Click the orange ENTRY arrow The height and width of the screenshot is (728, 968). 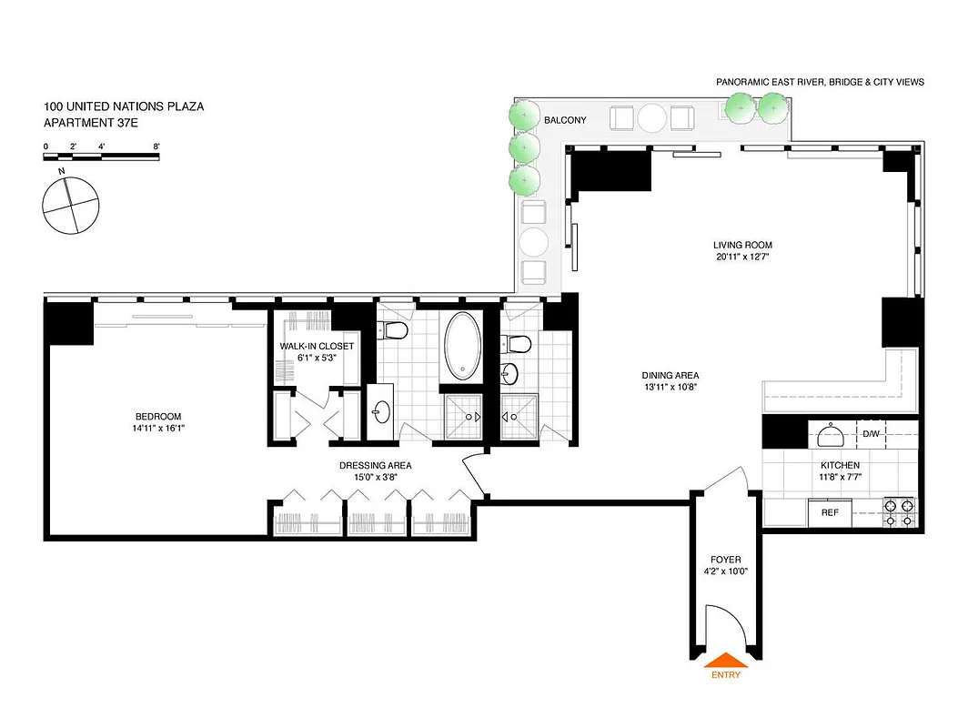(x=726, y=660)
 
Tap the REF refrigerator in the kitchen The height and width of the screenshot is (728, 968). (x=830, y=512)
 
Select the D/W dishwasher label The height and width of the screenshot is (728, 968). (x=871, y=434)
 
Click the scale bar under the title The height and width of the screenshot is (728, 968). (x=102, y=157)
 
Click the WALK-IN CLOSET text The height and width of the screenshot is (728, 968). (x=317, y=346)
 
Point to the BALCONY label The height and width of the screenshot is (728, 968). (x=565, y=120)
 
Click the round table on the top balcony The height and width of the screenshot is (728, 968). (x=652, y=118)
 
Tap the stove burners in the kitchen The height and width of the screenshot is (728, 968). (x=899, y=512)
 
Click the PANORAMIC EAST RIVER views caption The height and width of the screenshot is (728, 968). (x=820, y=82)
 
